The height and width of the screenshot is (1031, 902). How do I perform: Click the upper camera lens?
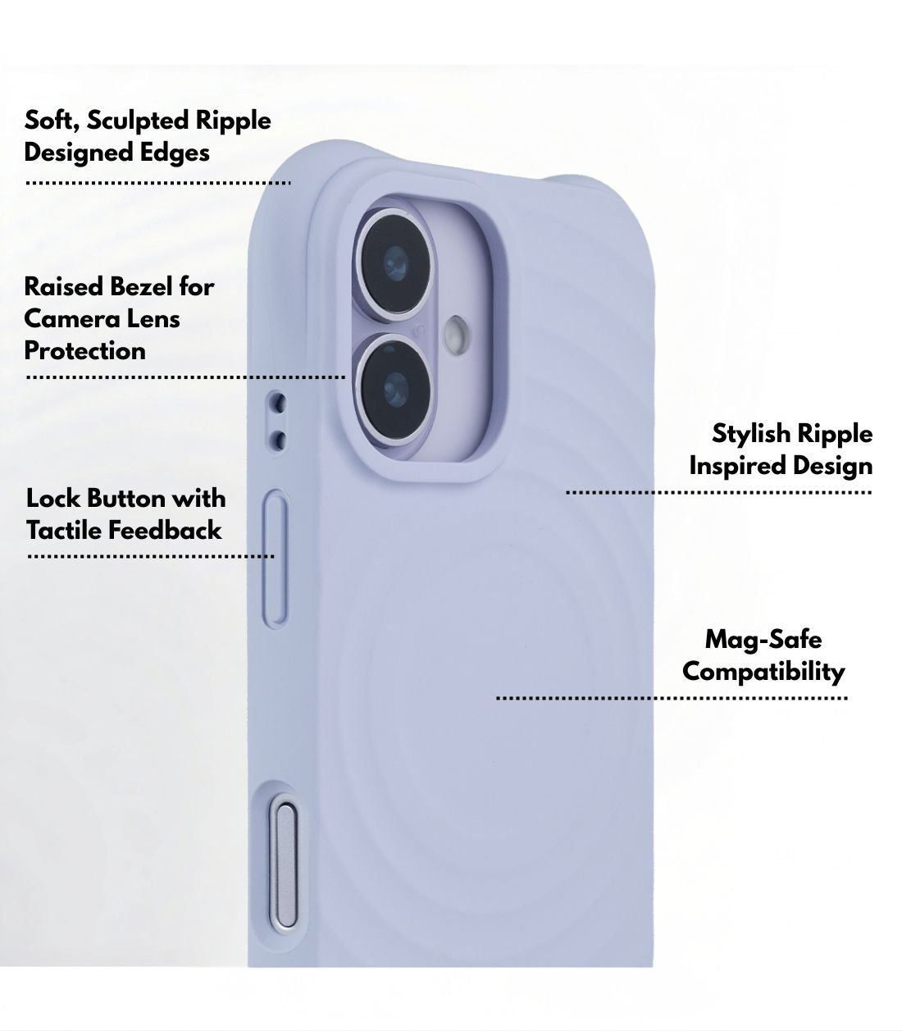pos(394,264)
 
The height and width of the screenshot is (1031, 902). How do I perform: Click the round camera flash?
pos(456,334)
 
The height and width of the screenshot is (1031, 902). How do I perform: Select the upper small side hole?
pos(277,403)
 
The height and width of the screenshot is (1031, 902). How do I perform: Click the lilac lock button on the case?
pos(276,559)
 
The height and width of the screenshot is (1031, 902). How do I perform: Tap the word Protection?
pos(84,351)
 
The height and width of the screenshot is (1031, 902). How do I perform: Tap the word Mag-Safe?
pos(763,640)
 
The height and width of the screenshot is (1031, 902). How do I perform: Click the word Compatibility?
pos(763,673)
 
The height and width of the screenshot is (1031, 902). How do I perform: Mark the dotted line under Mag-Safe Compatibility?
pos(672,699)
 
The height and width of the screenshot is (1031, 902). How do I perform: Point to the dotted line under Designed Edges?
pos(158,183)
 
